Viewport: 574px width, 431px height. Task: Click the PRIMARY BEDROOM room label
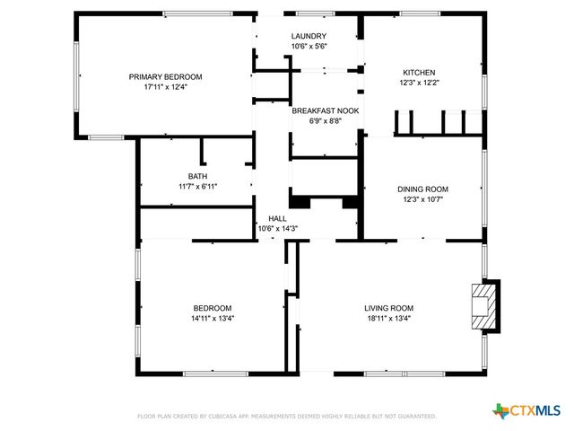(165, 76)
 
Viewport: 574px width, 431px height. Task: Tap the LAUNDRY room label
(309, 36)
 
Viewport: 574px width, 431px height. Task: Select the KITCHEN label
(419, 72)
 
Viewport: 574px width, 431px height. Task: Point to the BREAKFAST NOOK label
(325, 110)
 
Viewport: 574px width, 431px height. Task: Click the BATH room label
(197, 176)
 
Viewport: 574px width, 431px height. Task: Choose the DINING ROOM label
(422, 189)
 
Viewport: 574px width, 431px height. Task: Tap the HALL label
(277, 218)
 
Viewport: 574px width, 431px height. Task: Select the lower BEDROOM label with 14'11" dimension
(212, 307)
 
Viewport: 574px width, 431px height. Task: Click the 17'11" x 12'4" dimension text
(165, 87)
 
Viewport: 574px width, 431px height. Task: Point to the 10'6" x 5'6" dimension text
(309, 47)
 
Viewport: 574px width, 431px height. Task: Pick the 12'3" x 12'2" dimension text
(419, 83)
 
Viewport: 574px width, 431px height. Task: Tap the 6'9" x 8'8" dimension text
(325, 121)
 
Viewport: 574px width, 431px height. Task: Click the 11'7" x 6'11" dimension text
(197, 187)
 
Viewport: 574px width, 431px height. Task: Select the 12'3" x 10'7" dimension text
(422, 200)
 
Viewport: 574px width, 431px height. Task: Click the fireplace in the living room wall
(484, 305)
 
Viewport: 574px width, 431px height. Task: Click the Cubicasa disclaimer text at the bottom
(286, 417)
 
